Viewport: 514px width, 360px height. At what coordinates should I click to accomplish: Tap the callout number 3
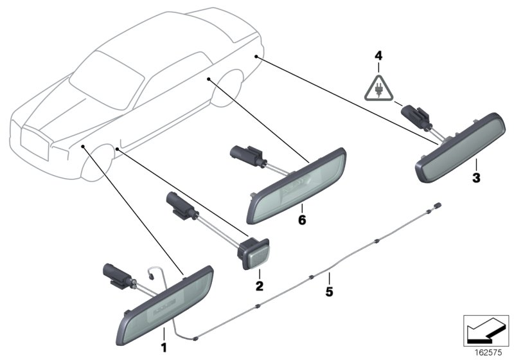(476, 177)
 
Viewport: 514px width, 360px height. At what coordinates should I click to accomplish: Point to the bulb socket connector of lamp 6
(246, 156)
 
